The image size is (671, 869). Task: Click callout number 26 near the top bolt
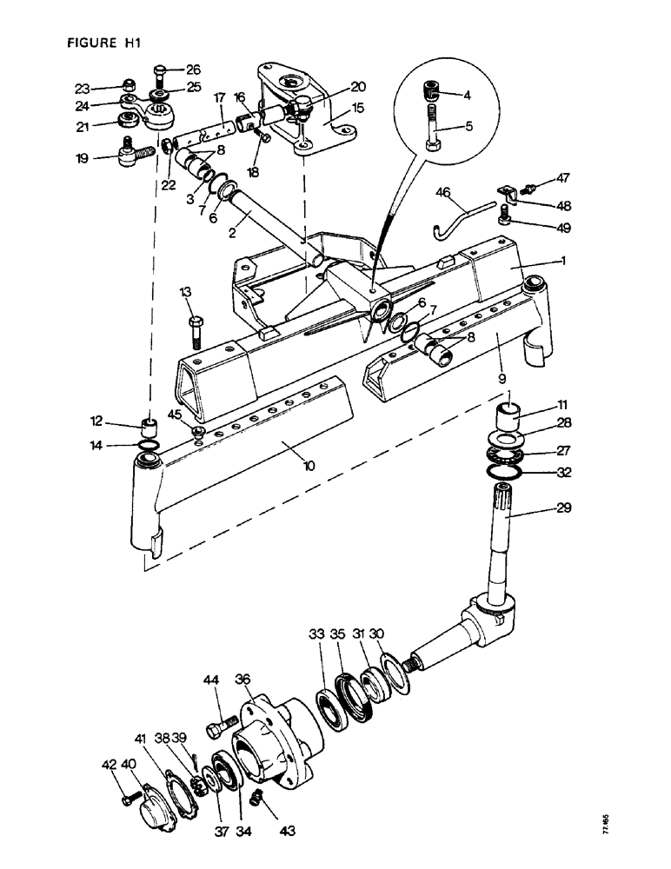(x=192, y=70)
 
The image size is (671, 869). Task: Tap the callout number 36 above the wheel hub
(x=242, y=680)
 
